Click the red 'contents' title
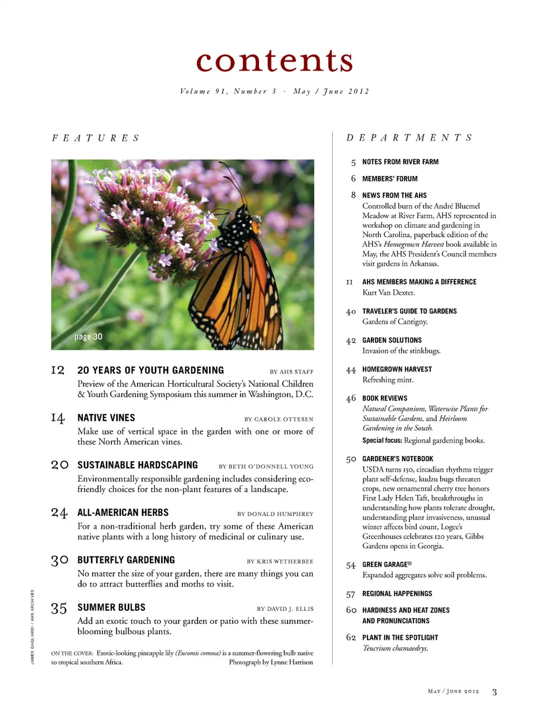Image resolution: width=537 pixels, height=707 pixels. click(x=275, y=61)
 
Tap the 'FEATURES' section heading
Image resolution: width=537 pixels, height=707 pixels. click(x=96, y=138)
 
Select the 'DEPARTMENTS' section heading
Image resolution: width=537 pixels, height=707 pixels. click(x=409, y=137)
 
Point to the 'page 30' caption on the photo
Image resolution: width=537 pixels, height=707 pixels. click(x=88, y=336)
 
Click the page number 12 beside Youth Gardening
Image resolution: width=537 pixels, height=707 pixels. click(x=58, y=370)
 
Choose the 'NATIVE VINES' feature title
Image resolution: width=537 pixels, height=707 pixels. click(x=106, y=417)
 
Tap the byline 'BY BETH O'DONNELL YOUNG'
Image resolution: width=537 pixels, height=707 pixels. click(x=266, y=466)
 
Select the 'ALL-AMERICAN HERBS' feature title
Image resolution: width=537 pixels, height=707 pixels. click(x=123, y=513)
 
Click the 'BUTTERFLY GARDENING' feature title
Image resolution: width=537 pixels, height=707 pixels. click(x=126, y=560)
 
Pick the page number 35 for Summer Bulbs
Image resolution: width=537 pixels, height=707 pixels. click(x=59, y=608)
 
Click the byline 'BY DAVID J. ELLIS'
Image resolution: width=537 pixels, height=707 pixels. click(x=285, y=609)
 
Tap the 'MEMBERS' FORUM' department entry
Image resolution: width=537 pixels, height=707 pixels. click(x=390, y=179)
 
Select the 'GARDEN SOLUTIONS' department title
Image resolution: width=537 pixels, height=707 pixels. click(x=392, y=340)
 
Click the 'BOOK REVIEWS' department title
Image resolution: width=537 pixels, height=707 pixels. click(x=385, y=398)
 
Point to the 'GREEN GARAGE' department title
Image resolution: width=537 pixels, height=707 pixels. click(x=387, y=564)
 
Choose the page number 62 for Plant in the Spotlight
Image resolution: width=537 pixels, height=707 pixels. click(x=351, y=638)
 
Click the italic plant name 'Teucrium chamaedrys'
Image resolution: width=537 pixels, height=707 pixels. click(x=395, y=648)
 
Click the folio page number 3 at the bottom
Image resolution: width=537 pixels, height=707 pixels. click(x=494, y=692)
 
